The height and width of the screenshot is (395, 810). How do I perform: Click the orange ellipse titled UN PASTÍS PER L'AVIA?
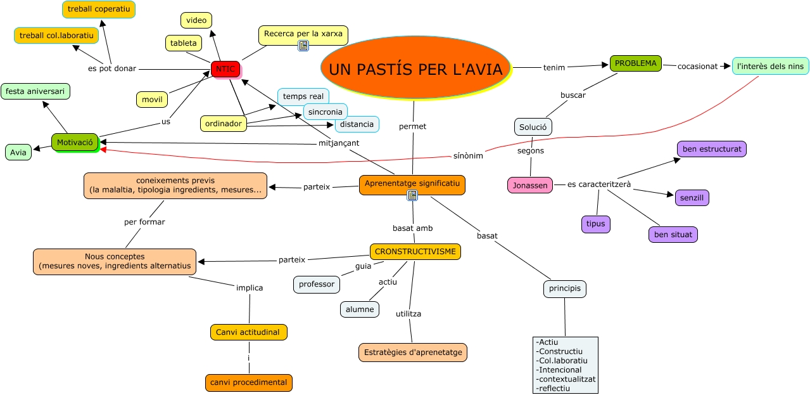(x=415, y=68)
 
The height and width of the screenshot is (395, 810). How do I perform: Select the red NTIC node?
(x=225, y=69)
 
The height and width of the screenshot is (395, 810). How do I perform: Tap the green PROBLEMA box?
(x=635, y=63)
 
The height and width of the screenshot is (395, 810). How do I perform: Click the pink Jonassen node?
(x=530, y=185)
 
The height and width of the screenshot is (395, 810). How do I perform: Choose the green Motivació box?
(x=75, y=143)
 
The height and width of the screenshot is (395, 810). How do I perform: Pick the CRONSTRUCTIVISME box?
(x=415, y=252)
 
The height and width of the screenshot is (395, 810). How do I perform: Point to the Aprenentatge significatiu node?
(x=412, y=184)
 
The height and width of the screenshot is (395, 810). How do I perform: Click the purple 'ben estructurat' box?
(x=712, y=149)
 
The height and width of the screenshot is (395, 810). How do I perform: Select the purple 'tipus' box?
(x=595, y=224)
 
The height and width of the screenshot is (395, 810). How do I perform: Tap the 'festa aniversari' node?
(x=35, y=91)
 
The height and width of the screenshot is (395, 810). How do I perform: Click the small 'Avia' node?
(x=18, y=152)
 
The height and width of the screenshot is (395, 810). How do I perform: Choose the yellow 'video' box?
(x=196, y=20)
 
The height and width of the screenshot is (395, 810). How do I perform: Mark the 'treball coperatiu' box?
(x=99, y=10)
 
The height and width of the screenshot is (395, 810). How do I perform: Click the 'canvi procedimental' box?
(x=249, y=382)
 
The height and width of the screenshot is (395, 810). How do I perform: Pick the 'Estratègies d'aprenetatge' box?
(x=413, y=353)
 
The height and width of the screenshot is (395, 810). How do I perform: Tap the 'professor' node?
(x=317, y=284)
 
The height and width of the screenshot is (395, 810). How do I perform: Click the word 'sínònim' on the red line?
(x=468, y=156)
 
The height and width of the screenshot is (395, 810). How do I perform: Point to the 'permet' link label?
(x=412, y=126)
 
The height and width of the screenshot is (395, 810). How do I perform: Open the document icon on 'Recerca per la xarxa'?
(x=303, y=46)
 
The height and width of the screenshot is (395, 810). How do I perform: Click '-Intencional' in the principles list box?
(x=559, y=370)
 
